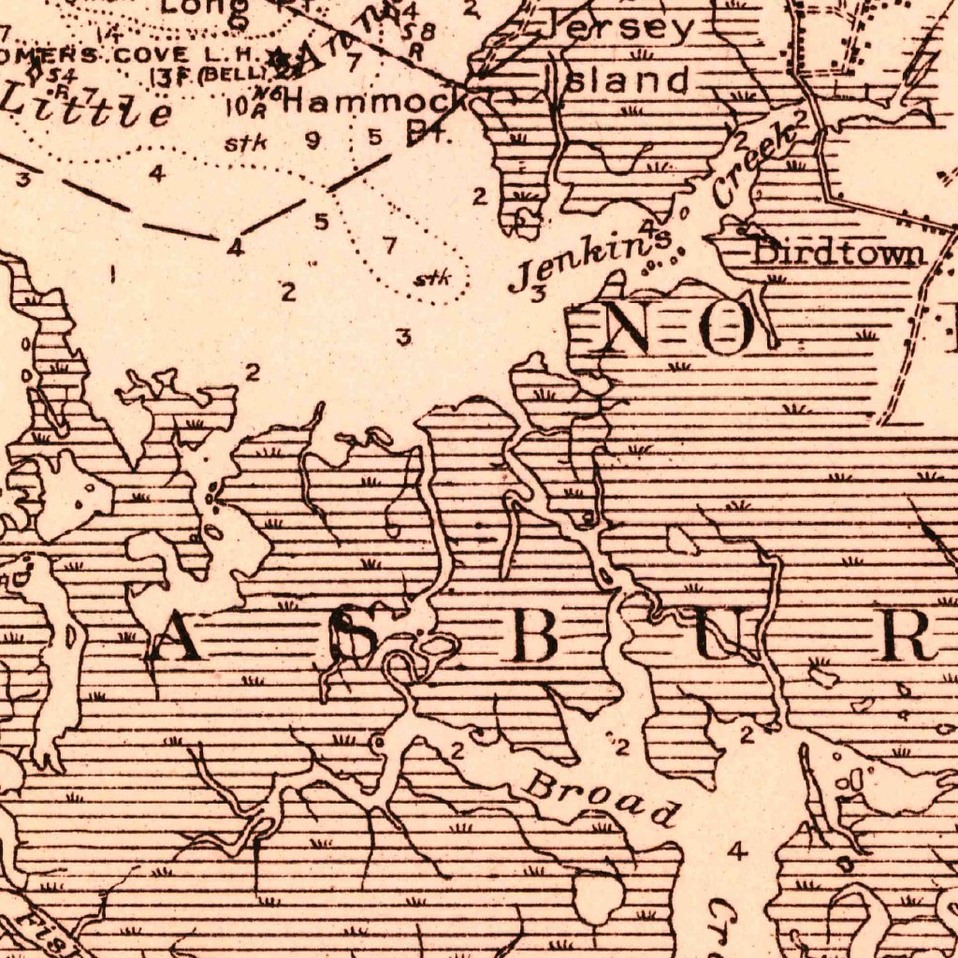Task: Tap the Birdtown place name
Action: click(x=839, y=253)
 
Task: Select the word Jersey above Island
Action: click(x=625, y=28)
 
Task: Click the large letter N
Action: click(x=637, y=328)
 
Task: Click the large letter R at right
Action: click(x=904, y=638)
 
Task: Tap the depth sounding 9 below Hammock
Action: click(x=312, y=140)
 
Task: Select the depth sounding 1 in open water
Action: click(x=112, y=275)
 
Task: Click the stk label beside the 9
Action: click(x=246, y=143)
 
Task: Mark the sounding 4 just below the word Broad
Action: click(x=738, y=851)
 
